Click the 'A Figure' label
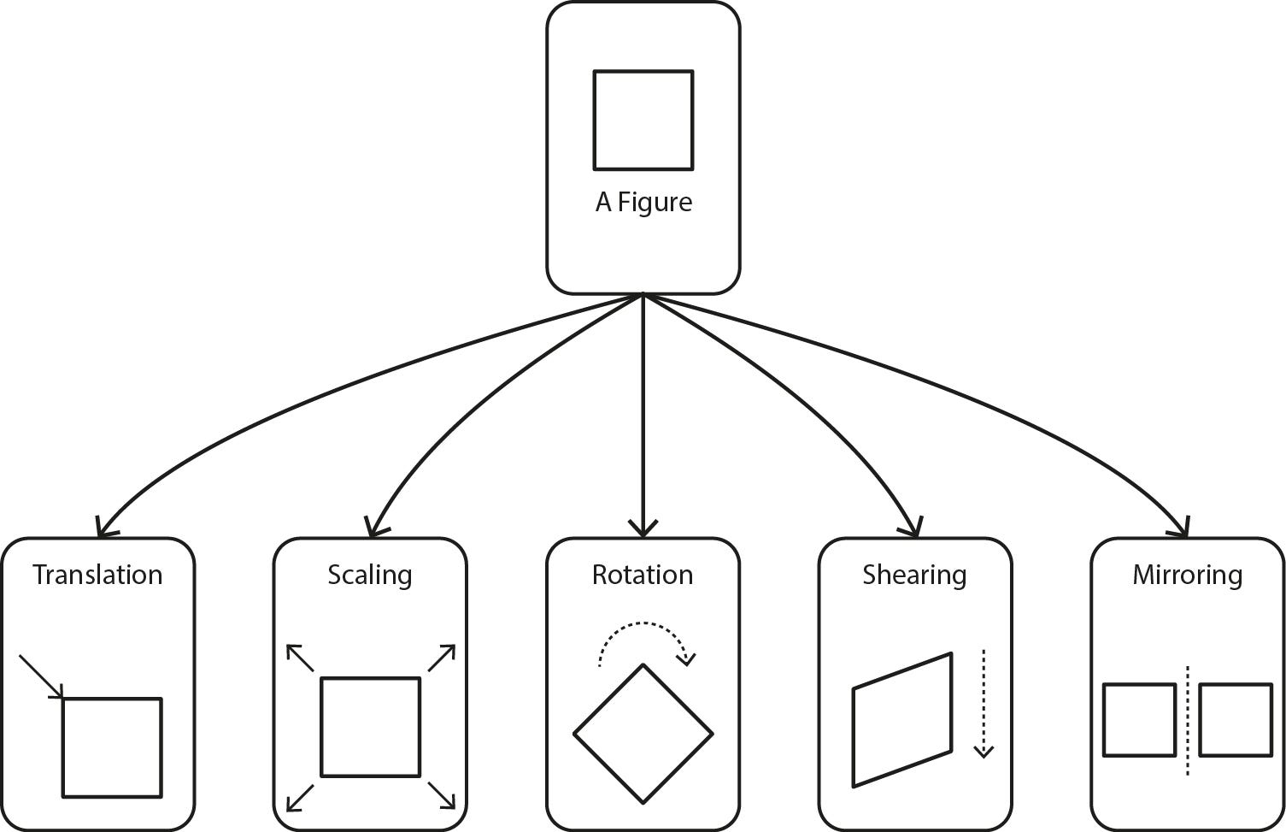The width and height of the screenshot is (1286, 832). (643, 203)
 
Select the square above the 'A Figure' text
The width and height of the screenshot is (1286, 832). (643, 120)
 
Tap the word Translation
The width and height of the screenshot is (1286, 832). (97, 575)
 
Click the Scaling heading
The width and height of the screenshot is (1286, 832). (370, 575)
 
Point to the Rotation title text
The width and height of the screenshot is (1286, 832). (643, 575)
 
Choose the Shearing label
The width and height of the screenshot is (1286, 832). (914, 575)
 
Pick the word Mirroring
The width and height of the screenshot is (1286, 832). (1187, 575)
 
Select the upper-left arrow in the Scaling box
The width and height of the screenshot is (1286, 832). (300, 658)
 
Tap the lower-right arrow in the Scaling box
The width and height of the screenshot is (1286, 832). (441, 795)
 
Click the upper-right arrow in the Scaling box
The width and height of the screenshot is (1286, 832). (441, 658)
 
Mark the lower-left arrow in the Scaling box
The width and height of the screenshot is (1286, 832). (300, 796)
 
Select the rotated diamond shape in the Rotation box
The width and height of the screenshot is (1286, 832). (643, 733)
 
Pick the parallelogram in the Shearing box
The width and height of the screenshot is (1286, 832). (902, 719)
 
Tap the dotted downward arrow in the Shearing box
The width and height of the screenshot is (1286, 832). (984, 703)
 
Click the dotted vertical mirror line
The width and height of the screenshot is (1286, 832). (1188, 720)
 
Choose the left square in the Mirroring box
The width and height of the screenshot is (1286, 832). (1139, 719)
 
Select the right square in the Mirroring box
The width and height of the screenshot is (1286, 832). (1236, 719)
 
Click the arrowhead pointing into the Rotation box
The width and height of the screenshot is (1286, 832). (643, 528)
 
